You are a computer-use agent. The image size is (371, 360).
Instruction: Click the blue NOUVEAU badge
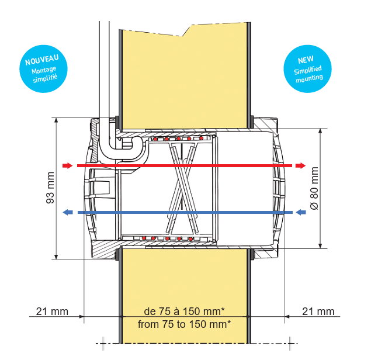(44, 69)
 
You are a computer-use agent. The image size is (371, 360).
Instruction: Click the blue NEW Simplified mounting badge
(307, 69)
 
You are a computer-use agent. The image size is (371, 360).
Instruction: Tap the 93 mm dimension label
(50, 188)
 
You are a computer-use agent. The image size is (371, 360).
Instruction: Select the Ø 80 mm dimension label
(314, 188)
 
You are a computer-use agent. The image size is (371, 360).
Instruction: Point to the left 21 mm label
(52, 311)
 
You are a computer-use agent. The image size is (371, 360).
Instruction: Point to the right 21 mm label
(318, 311)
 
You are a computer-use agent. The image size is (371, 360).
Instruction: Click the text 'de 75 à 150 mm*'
(184, 311)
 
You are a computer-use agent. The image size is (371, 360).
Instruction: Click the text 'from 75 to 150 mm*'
(184, 324)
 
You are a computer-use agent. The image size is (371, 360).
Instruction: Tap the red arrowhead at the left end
(67, 165)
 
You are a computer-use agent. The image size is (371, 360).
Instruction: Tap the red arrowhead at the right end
(300, 165)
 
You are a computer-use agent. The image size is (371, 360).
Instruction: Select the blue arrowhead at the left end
(68, 212)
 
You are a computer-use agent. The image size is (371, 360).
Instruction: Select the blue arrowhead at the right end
(301, 212)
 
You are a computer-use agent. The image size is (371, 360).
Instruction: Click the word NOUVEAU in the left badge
(42, 60)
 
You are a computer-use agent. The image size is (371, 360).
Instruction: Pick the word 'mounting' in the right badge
(310, 78)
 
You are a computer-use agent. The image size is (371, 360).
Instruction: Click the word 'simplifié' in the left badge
(45, 78)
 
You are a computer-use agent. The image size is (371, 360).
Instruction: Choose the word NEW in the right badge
(306, 60)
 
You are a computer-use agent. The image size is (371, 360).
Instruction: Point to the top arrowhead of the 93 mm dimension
(56, 120)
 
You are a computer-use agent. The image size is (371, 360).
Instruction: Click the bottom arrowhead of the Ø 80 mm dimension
(320, 245)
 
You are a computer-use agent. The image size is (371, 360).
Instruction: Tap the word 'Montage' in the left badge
(44, 70)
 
